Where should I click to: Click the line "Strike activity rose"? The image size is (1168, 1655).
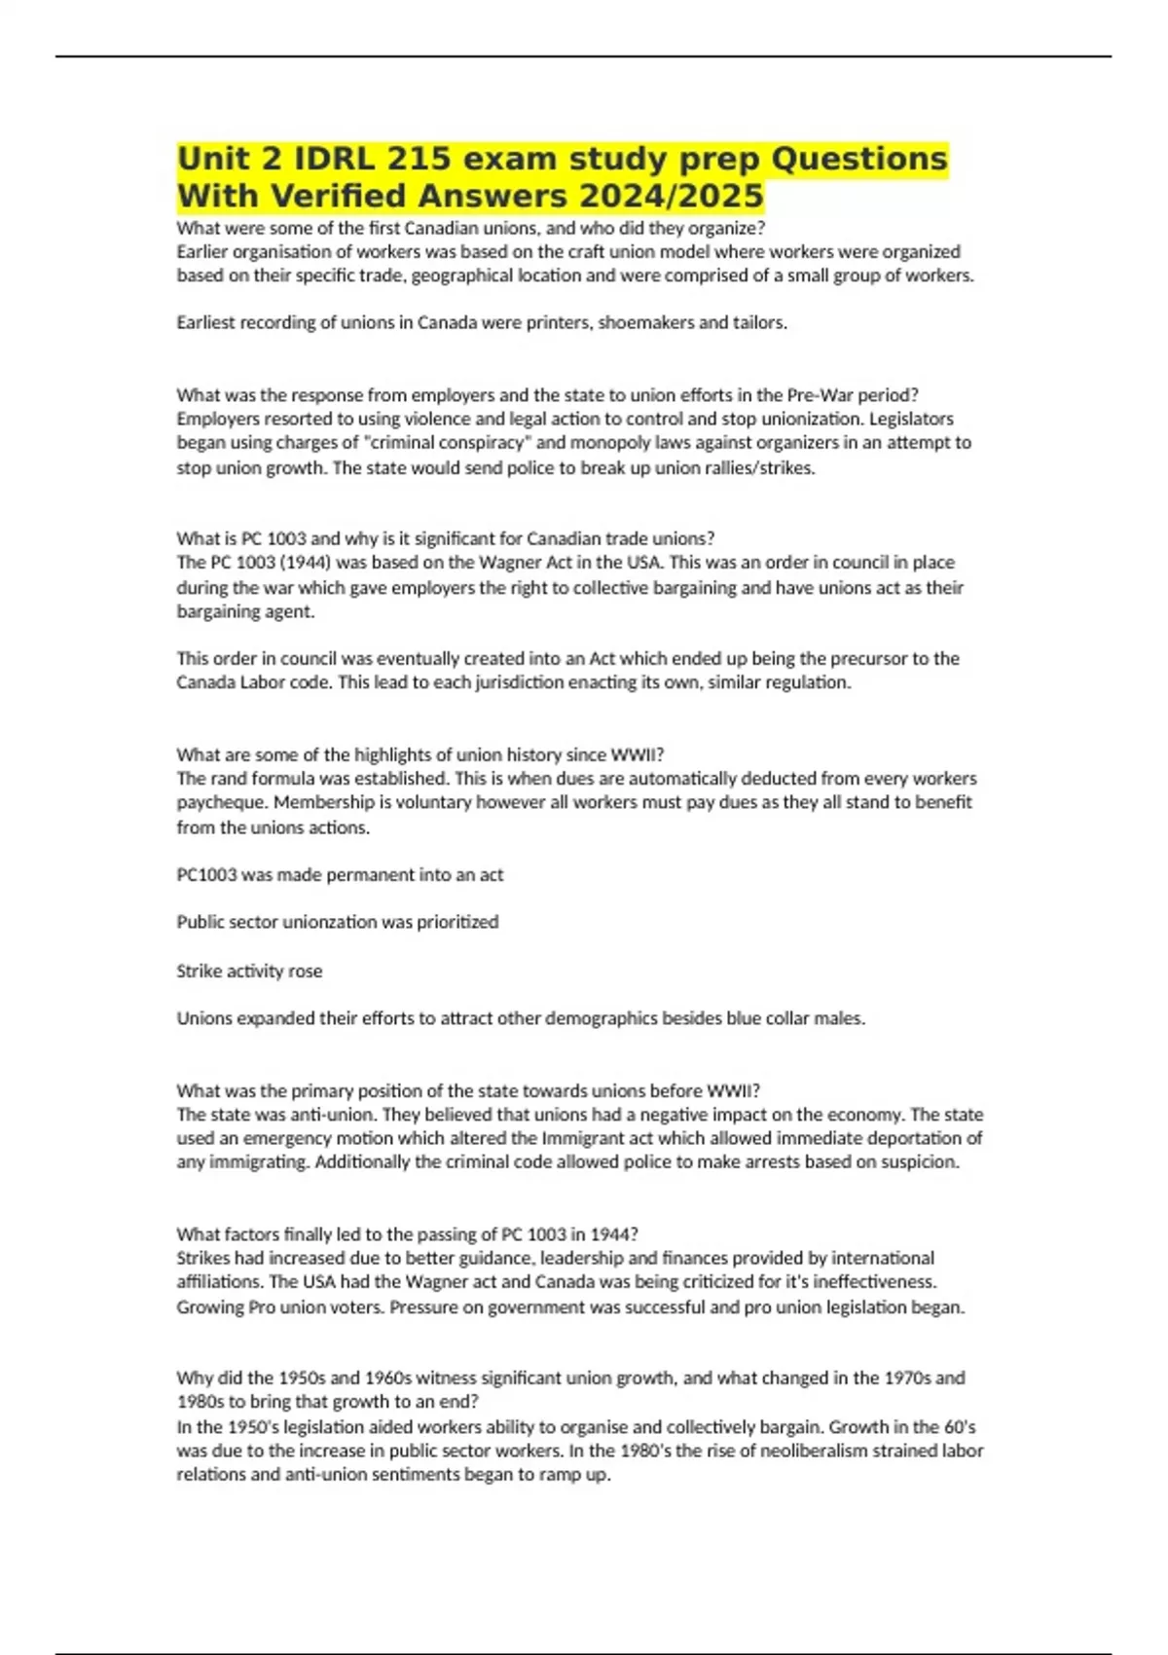coord(249,971)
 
